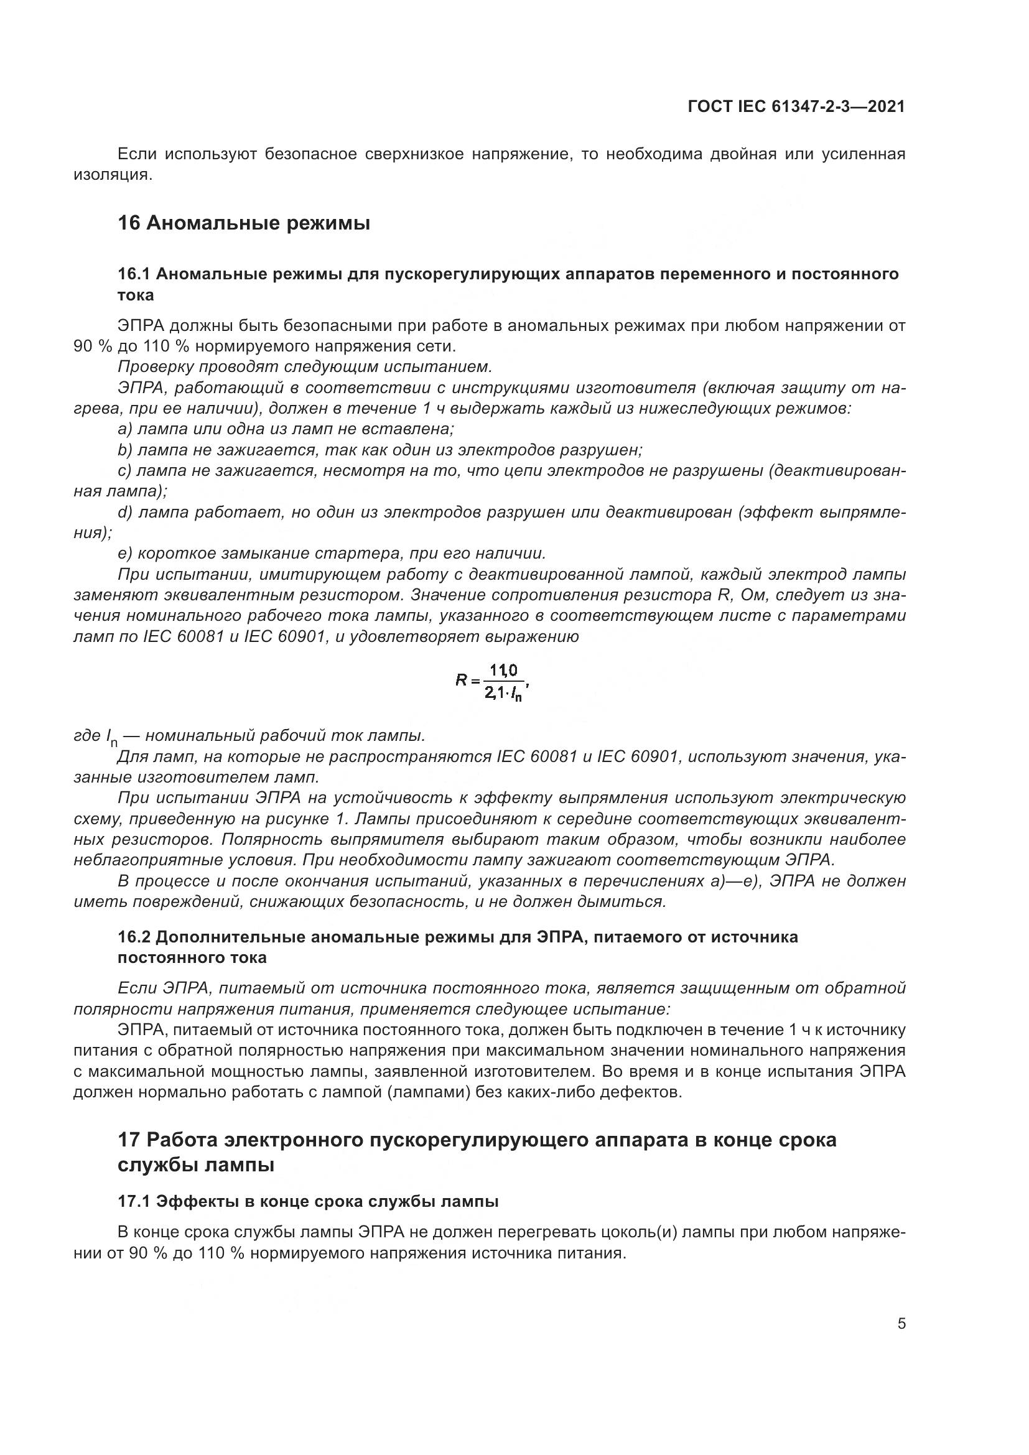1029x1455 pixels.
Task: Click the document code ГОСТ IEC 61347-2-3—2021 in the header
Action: point(796,106)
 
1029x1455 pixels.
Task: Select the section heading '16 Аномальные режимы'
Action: point(244,223)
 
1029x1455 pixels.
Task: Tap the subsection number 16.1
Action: point(133,274)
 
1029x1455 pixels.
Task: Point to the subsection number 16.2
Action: point(133,937)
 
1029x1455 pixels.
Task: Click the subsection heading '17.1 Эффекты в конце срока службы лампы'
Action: point(308,1201)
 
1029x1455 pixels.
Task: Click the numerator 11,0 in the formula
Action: point(503,671)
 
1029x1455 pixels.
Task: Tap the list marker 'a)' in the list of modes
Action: point(125,429)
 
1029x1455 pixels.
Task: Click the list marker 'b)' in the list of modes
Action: point(125,450)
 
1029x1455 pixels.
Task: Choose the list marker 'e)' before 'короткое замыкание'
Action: point(125,554)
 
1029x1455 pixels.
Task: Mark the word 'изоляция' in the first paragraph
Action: point(112,174)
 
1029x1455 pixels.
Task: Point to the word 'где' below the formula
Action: point(87,735)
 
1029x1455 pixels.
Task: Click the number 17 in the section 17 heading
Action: point(129,1140)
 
